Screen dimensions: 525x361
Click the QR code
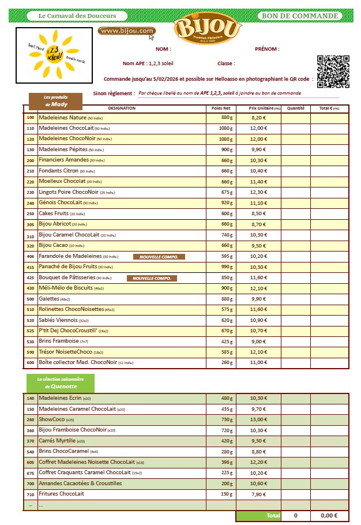[x=333, y=72]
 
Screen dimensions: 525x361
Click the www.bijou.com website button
[x=126, y=31]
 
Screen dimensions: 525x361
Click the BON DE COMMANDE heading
[x=300, y=16]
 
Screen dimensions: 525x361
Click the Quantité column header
[x=295, y=108]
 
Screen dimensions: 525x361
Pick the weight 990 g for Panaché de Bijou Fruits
[x=226, y=267]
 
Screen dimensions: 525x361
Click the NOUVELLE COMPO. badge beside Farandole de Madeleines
[x=159, y=257]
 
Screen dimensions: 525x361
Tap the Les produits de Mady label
[x=55, y=102]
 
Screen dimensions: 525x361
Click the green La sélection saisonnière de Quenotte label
[x=60, y=383]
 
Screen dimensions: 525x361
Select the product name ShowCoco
[x=51, y=419]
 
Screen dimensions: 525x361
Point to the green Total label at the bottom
[x=273, y=515]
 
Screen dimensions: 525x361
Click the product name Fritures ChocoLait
[x=61, y=494]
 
